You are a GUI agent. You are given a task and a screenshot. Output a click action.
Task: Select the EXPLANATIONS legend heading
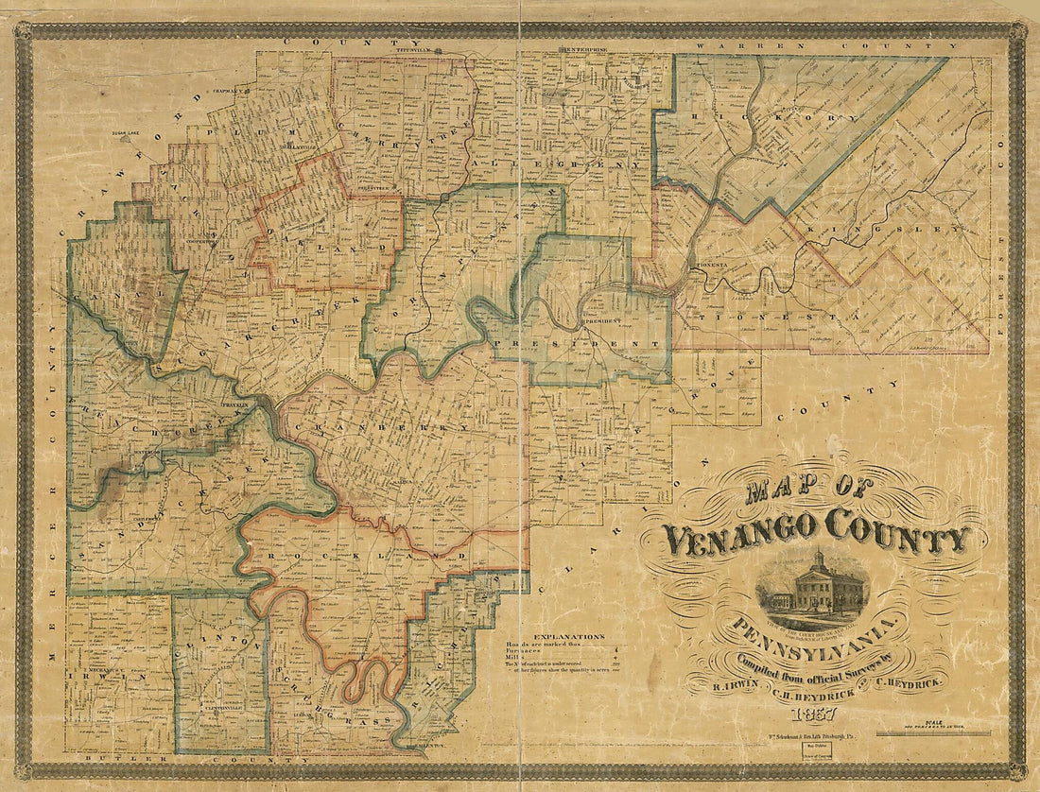pos(567,636)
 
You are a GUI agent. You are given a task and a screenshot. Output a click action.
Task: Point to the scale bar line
pos(933,733)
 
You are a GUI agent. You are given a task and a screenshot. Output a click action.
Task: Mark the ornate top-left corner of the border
pos(24,31)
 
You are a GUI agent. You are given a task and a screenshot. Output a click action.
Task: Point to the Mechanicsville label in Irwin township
pos(94,669)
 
